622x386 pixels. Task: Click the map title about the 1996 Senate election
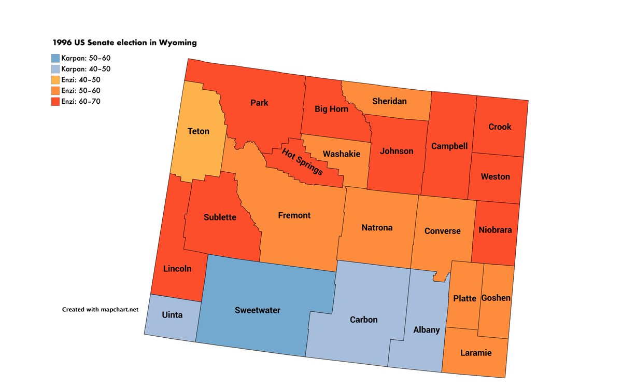pos(124,43)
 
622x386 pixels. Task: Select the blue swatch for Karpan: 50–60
pos(55,58)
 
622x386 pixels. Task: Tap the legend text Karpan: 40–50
pos(86,68)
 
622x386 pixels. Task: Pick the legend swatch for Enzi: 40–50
pos(55,79)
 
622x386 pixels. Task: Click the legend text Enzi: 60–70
pos(80,101)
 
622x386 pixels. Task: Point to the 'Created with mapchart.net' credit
pos(101,309)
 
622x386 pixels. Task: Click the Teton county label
pos(199,131)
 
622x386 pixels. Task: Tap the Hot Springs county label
pos(303,161)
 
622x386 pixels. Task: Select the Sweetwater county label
pos(257,310)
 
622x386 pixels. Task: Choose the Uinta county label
pos(172,315)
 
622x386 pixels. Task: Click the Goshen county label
pos(496,298)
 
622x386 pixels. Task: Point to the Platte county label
pos(464,298)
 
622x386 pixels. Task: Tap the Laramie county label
pos(475,353)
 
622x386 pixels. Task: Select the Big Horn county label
pos(332,109)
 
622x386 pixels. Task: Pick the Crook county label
pos(500,127)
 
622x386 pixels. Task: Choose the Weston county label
pos(495,176)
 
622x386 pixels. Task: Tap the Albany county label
pos(427,329)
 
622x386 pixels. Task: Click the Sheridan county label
pos(389,101)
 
